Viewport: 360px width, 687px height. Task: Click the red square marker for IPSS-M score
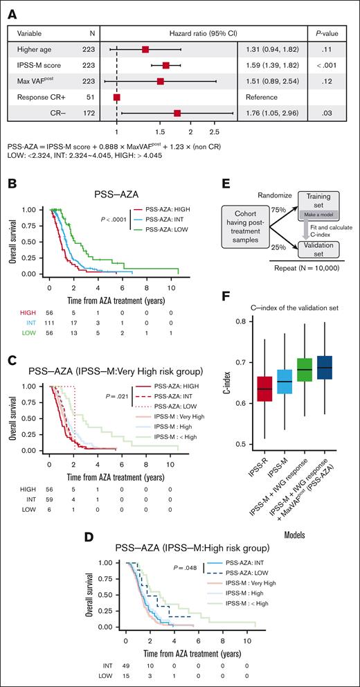pos(166,66)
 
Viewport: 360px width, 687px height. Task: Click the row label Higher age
pos(28,50)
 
